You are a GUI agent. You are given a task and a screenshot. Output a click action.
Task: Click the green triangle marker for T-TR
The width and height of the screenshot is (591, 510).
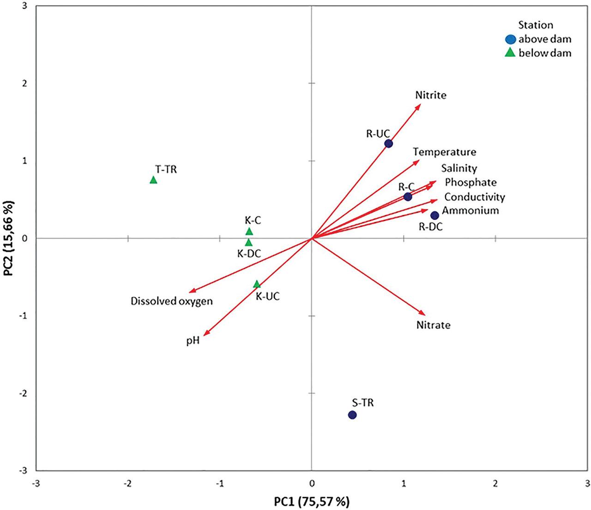153,180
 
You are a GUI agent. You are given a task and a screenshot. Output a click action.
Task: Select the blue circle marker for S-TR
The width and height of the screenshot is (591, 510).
352,415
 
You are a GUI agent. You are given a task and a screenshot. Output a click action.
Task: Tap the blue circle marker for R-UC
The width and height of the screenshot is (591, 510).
389,143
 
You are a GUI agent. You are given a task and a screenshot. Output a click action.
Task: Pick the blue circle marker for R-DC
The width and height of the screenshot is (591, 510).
434,215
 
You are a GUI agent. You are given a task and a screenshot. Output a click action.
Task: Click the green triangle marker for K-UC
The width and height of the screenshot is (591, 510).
257,284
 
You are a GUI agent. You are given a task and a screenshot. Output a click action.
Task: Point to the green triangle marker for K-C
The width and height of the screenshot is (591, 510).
249,231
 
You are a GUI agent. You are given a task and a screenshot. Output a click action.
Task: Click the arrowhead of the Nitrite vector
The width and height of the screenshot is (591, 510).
420,106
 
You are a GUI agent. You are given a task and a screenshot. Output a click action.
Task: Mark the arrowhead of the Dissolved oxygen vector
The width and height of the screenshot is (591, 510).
192,291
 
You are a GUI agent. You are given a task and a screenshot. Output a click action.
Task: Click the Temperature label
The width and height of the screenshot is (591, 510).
444,152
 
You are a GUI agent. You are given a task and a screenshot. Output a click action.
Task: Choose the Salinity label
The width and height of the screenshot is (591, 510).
459,168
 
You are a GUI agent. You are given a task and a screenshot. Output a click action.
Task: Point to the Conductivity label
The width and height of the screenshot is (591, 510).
475,197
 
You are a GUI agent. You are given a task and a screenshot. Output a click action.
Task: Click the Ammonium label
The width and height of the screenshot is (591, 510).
470,211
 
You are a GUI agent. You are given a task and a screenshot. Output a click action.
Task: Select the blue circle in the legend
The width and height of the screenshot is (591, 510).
510,40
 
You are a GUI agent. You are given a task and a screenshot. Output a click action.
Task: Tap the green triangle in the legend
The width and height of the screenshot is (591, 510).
510,53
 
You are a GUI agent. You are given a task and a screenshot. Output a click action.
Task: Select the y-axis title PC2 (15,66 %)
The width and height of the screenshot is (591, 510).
9,238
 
